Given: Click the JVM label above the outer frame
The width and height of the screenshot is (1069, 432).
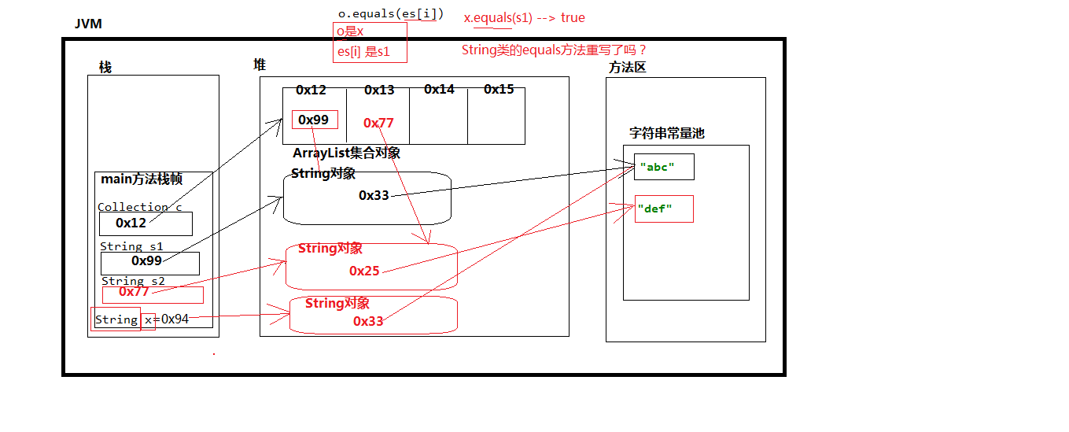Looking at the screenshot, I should [88, 24].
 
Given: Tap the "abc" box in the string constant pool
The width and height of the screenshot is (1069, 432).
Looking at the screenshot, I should [663, 167].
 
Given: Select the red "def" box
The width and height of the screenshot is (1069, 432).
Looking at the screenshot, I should [663, 209].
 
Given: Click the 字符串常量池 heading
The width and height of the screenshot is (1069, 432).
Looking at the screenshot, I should [666, 134].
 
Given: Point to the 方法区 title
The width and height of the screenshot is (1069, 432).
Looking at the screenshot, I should [627, 68].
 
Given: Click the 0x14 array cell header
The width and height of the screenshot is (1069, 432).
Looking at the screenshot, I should [439, 90].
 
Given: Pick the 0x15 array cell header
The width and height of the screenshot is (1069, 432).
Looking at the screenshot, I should [499, 90].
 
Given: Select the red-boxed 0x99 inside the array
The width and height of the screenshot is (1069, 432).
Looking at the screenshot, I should [315, 120].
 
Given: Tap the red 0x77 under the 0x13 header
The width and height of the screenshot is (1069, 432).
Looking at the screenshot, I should [378, 123].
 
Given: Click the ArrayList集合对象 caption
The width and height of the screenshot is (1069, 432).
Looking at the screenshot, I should [346, 153].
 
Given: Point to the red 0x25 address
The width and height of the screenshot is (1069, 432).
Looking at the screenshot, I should [364, 271].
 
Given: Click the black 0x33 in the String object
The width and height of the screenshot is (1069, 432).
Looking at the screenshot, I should [374, 195].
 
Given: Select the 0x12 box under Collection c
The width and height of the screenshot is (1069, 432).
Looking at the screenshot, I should [146, 223].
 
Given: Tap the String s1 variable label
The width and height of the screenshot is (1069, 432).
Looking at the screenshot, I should [131, 246].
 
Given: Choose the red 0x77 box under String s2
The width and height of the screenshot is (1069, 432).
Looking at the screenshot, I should [152, 294].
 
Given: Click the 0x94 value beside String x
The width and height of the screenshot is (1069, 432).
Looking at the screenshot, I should [175, 319].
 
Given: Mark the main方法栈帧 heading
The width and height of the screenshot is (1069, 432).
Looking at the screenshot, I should [142, 179].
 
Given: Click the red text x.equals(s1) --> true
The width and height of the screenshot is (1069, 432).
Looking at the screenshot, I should [524, 17].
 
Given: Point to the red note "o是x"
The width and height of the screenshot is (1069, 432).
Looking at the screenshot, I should [350, 31].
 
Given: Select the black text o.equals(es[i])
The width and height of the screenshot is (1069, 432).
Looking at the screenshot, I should [390, 13].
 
